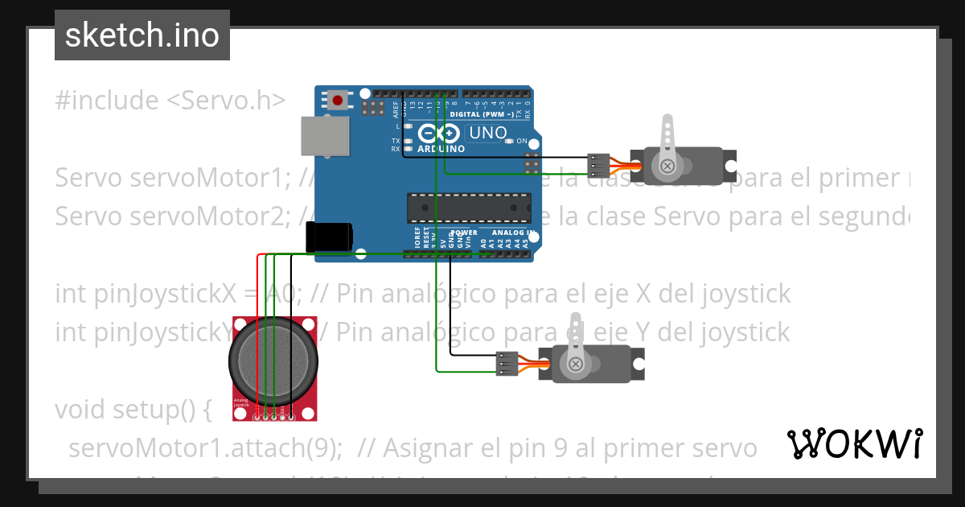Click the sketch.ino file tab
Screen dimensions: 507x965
[142, 35]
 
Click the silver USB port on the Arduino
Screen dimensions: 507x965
[326, 135]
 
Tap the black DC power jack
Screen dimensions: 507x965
[329, 237]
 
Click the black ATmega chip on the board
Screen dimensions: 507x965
[469, 207]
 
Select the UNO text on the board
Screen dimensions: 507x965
[487, 133]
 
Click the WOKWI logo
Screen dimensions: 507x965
[854, 443]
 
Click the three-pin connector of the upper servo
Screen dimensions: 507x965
[597, 165]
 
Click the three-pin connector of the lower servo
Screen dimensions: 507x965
[507, 364]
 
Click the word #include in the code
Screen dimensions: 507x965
[107, 101]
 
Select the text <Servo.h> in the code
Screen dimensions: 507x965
[226, 101]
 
